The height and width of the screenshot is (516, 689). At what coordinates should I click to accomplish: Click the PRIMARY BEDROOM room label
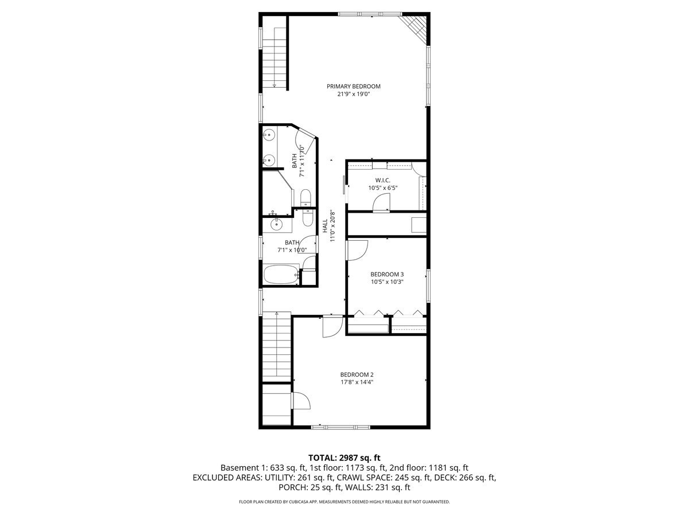pyautogui.click(x=353, y=87)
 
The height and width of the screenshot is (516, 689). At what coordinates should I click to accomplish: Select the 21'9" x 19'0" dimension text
pyautogui.click(x=353, y=94)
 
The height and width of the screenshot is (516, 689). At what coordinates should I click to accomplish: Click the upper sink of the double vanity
pyautogui.click(x=268, y=136)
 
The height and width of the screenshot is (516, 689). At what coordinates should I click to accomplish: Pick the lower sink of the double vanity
pyautogui.click(x=268, y=160)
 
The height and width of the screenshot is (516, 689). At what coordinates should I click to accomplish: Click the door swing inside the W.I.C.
pyautogui.click(x=381, y=202)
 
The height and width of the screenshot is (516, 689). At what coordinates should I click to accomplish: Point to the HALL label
pyautogui.click(x=325, y=225)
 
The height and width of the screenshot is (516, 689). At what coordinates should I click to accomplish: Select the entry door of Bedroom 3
pyautogui.click(x=357, y=249)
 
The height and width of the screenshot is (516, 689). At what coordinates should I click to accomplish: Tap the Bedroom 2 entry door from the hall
pyautogui.click(x=331, y=326)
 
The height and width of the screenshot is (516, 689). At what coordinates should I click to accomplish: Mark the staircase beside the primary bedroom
pyautogui.click(x=275, y=57)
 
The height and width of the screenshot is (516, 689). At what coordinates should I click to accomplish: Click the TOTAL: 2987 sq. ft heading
pyautogui.click(x=344, y=458)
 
